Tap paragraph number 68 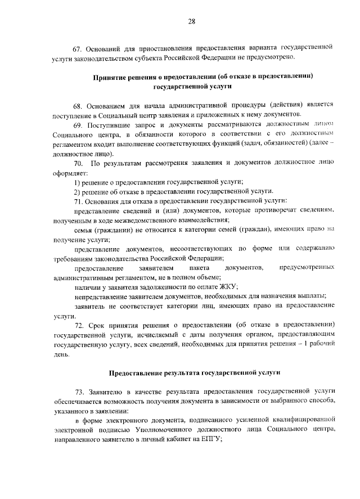(80, 105)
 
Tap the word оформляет (70, 173)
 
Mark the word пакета (202, 267)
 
